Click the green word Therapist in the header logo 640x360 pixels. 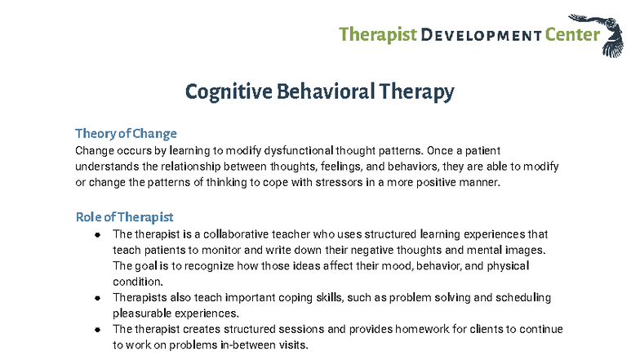(376, 34)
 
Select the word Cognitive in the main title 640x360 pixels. (223, 91)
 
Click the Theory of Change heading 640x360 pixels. (126, 133)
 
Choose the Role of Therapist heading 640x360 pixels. (124, 217)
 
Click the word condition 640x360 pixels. (138, 282)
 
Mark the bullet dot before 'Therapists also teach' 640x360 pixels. (97, 298)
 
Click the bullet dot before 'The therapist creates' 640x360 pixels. (97, 330)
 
